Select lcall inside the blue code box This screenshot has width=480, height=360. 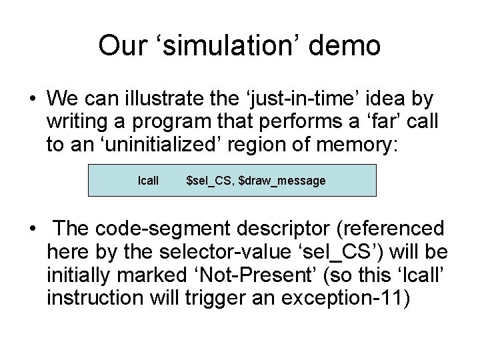click(148, 181)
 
